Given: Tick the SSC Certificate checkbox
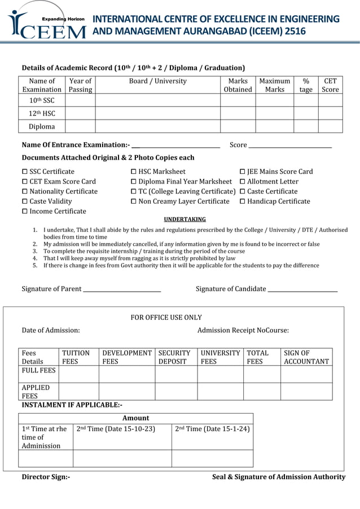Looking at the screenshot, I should tap(25, 172).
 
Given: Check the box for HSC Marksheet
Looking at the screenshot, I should tap(134, 172).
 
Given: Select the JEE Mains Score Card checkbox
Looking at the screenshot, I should tap(243, 172).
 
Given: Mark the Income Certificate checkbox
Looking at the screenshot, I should tap(25, 212).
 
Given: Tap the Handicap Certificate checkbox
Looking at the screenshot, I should tap(243, 201).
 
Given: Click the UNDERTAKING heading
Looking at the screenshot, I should tap(185, 220).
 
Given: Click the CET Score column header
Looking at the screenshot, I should tap(330, 85).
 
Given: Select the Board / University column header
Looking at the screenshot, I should tap(157, 81).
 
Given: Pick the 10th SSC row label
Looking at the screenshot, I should tap(42, 100).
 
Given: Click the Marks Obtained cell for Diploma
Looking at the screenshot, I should tap(238, 126).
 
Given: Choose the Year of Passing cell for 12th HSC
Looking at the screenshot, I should tap(80, 113).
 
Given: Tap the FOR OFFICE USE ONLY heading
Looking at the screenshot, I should tap(166, 318).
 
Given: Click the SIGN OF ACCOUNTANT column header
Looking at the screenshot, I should tap(306, 357).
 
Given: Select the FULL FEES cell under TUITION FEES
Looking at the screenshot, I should tap(78, 374).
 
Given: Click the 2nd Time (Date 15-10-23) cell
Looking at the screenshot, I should tap(122, 436).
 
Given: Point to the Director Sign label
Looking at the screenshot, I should tap(46, 477).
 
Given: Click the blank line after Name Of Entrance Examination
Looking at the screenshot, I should tap(175, 147).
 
